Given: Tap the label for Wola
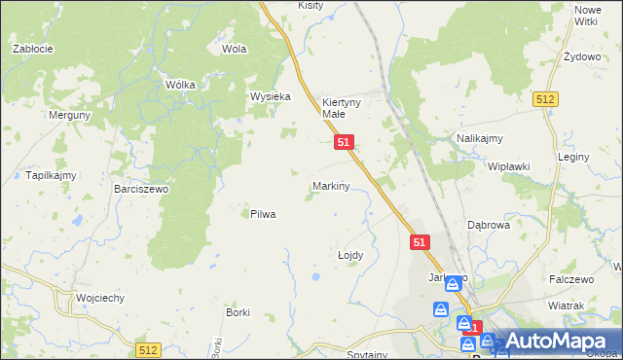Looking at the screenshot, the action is point(234,48).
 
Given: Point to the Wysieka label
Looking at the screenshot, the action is point(271,96).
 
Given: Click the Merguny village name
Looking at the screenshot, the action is point(69,114).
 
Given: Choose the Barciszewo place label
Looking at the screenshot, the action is point(141,189).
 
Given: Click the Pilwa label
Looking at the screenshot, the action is point(263,214).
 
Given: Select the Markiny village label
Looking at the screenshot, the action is point(331,185).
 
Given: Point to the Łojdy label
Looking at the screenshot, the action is point(350,255).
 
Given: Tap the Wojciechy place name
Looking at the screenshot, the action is point(100,298).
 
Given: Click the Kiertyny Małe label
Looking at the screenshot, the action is point(341,107).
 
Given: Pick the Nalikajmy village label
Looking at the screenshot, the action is point(479,139).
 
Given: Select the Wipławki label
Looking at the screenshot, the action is point(509,166).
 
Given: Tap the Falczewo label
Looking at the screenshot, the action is point(571,279).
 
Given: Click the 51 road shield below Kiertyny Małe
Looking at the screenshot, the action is point(344,142).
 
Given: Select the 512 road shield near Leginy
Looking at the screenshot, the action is point(545,99).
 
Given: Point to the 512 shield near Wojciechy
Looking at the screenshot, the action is point(147,350).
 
